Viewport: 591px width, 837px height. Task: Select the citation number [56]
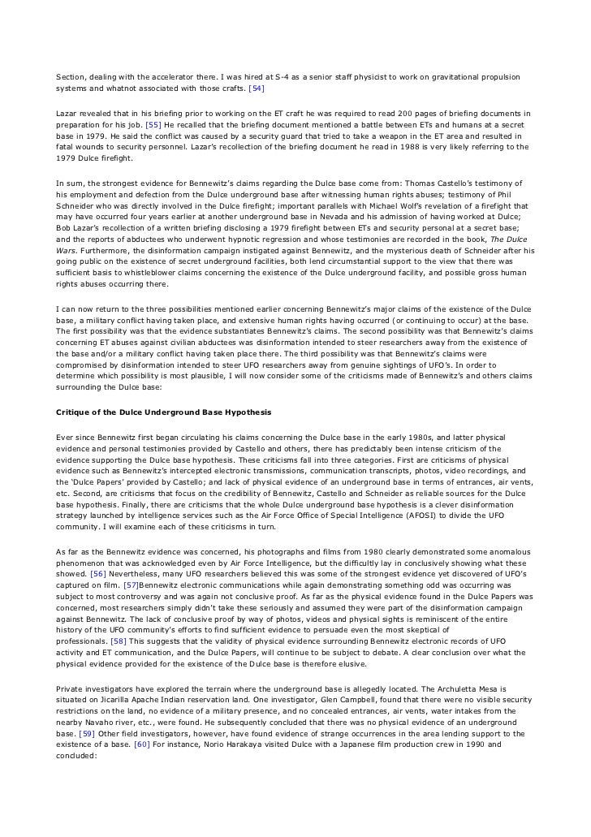coord(99,572)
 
